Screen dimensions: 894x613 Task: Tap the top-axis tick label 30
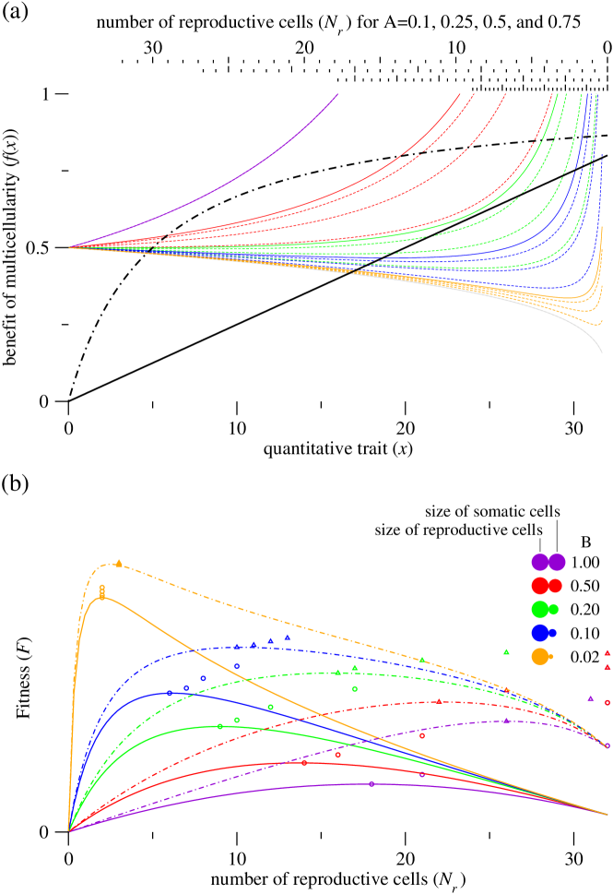tap(153, 47)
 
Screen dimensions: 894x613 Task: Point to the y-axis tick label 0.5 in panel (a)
tap(38, 247)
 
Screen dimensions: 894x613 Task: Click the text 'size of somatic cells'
tap(493, 510)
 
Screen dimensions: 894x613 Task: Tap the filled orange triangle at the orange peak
tap(119, 563)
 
